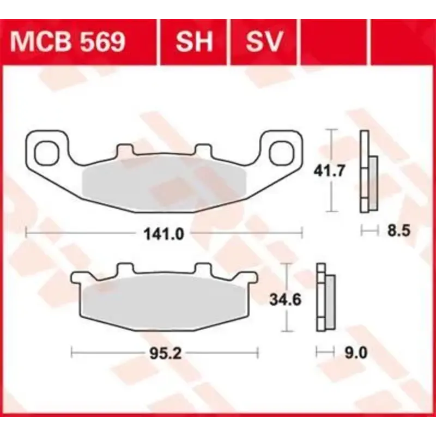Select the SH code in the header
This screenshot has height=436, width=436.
[x=194, y=41]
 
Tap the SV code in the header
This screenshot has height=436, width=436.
[x=265, y=41]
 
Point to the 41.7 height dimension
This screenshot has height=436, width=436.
[x=329, y=171]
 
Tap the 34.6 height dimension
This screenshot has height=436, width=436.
[x=284, y=299]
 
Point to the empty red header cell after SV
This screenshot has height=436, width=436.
[x=335, y=41]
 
